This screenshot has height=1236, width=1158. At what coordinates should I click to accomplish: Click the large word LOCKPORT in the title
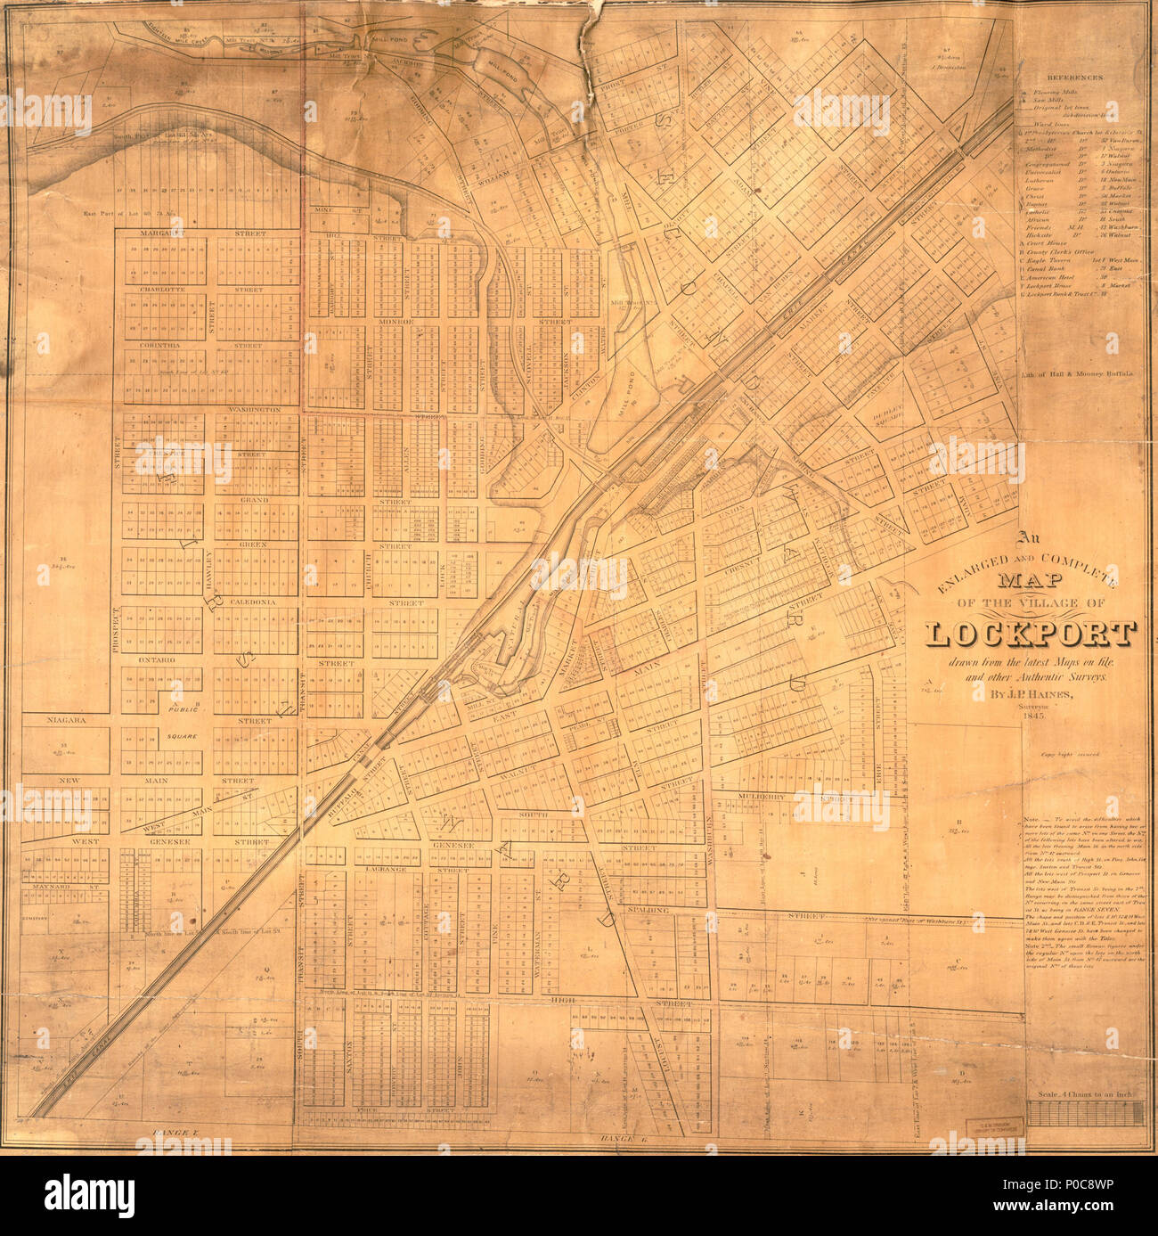coord(1031,634)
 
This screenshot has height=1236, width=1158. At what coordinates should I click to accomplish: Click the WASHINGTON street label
coord(254,410)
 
